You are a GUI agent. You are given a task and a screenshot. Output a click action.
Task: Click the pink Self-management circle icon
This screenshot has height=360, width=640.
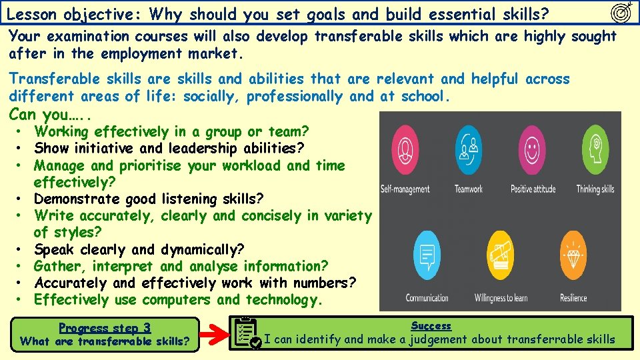click(405, 147)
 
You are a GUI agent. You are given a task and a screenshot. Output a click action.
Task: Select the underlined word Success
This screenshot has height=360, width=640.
click(431, 326)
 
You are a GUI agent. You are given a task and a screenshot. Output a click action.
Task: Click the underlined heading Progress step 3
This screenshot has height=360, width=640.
click(105, 328)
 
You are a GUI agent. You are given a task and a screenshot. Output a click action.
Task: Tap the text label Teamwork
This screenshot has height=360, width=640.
click(469, 189)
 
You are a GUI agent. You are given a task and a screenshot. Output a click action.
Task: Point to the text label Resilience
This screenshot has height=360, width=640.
click(573, 298)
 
